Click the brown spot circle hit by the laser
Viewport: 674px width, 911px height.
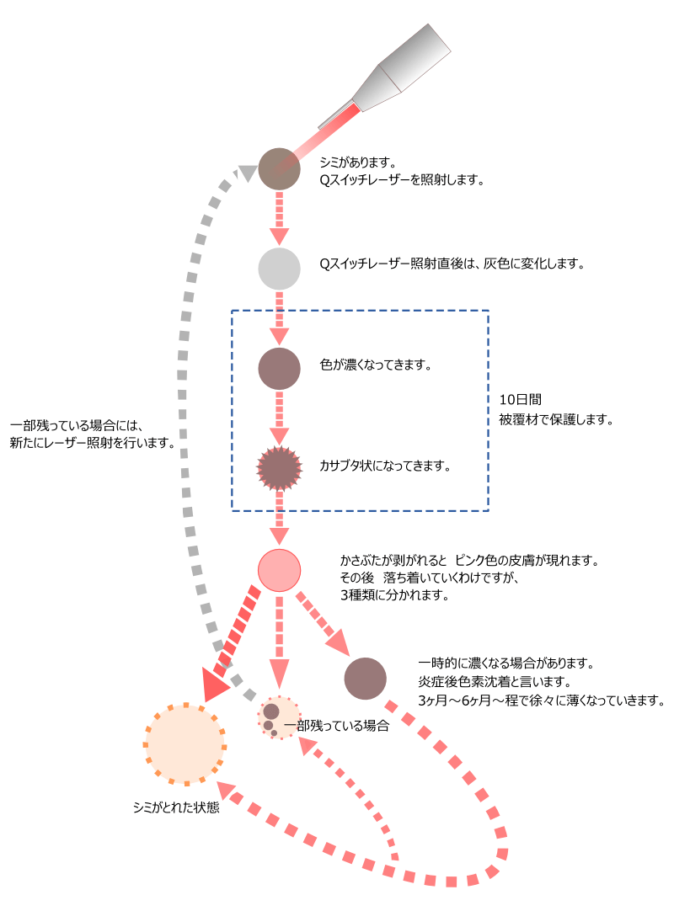pos(279,168)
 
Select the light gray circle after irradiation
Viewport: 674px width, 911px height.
pos(279,269)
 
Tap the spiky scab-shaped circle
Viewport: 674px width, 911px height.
pos(279,468)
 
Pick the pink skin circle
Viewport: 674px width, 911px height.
pos(279,570)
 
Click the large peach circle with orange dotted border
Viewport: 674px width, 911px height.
pos(185,744)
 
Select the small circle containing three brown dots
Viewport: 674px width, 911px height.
pos(279,718)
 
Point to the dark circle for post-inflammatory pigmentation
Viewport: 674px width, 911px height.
pos(365,679)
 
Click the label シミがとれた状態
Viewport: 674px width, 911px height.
pos(176,807)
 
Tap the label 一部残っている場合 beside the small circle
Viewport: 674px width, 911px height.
pos(337,725)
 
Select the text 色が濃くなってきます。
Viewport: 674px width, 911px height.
pos(376,365)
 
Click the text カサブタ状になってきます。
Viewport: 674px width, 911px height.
pos(385,466)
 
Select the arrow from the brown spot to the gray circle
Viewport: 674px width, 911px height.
pos(279,218)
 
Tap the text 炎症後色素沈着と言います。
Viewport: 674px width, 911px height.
pos(495,681)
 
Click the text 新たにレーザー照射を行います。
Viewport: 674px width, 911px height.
pos(93,443)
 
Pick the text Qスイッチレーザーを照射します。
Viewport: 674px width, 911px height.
pos(402,180)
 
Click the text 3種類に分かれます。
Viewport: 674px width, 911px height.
pos(394,595)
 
